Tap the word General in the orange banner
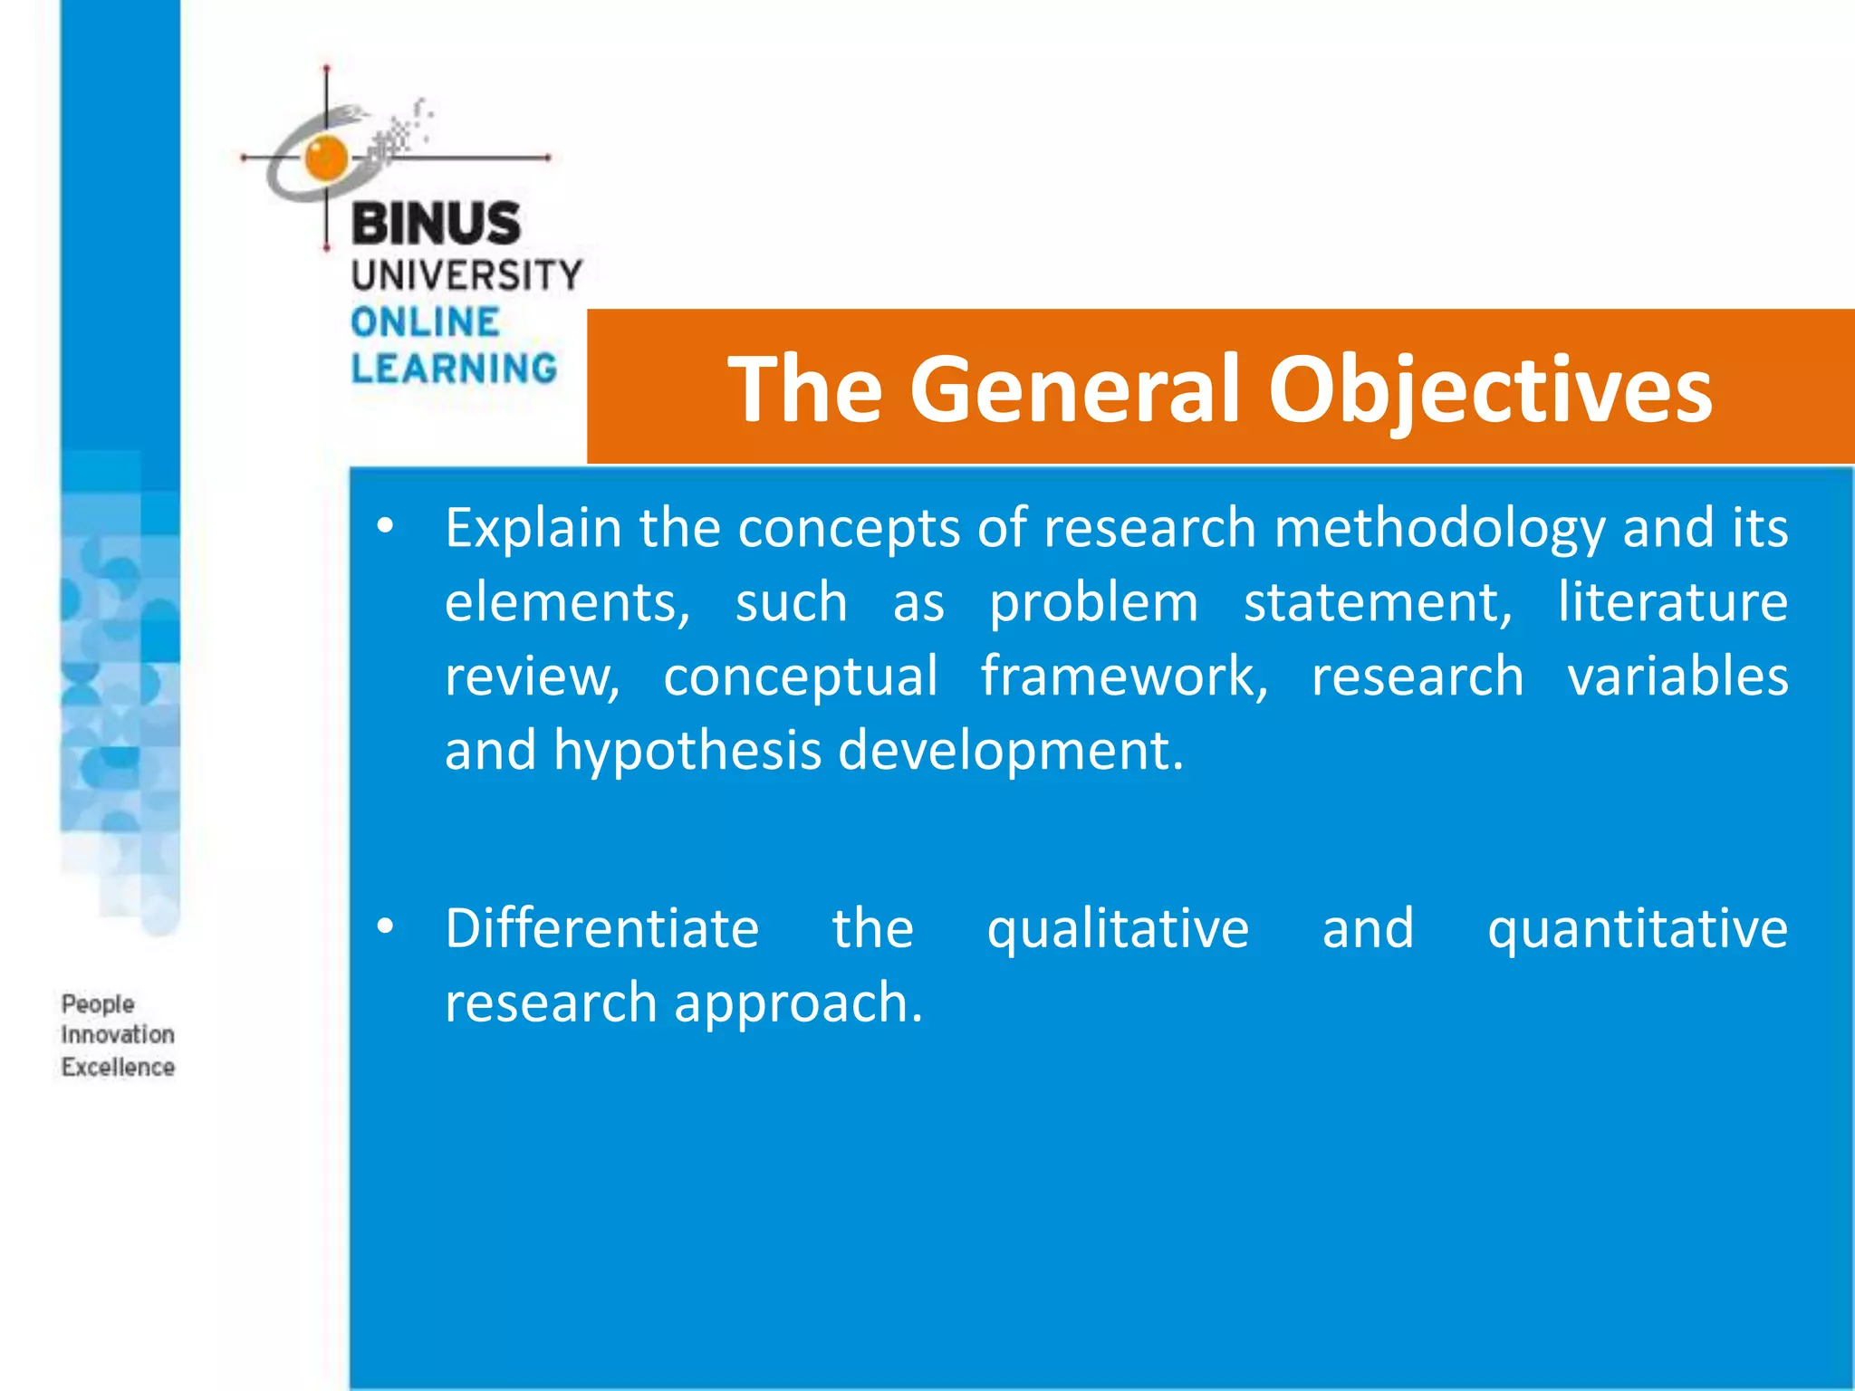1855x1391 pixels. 1073,389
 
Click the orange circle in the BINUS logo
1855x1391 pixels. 325,157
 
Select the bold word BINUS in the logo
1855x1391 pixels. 436,224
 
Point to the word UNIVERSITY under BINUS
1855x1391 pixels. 466,275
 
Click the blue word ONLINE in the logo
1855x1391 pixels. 425,322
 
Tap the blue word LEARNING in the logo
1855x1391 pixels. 454,369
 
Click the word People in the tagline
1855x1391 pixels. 98,1004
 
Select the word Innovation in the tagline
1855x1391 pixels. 118,1035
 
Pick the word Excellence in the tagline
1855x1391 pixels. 118,1067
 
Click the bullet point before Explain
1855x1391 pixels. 386,526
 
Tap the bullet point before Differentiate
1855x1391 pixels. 386,926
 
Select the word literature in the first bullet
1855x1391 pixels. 1672,602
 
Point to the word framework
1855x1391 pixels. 1124,676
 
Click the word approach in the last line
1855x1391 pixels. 797,1004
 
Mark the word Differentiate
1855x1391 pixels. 601,928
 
